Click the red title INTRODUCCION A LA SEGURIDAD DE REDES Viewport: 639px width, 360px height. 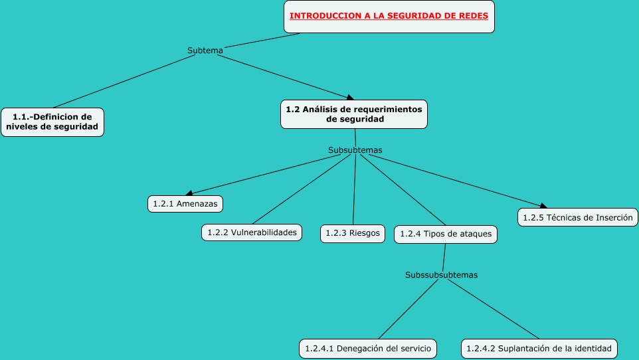[x=389, y=16]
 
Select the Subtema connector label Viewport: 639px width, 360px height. [x=205, y=50]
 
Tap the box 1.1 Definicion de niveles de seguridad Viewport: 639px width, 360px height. [x=52, y=122]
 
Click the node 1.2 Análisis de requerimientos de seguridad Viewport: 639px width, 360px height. [x=354, y=114]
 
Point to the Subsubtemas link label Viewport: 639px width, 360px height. [x=355, y=150]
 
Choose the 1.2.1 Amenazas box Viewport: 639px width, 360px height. [x=185, y=204]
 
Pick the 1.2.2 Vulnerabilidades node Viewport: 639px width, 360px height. [x=252, y=232]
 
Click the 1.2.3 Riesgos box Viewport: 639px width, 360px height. [x=353, y=234]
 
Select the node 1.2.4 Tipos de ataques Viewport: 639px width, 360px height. [x=446, y=234]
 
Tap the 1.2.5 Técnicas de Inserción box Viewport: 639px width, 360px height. [x=577, y=217]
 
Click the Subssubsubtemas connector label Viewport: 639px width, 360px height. [x=441, y=275]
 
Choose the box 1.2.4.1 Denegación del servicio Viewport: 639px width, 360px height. [x=368, y=349]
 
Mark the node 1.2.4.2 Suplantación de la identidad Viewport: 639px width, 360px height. [x=539, y=349]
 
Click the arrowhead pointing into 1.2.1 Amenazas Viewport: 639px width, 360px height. [x=189, y=193]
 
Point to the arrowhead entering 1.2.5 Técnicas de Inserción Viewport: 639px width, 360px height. [x=543, y=206]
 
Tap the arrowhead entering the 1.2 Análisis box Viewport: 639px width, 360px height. [x=349, y=98]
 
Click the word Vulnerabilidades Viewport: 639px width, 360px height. [x=264, y=232]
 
